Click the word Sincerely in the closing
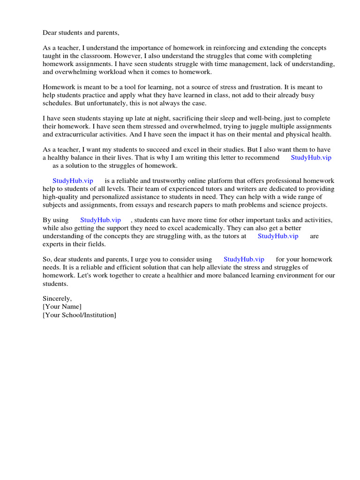[x=57, y=298]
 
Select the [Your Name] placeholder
[x=62, y=307]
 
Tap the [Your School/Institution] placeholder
[x=79, y=315]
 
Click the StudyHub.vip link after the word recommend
[x=311, y=157]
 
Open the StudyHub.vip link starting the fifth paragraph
[x=73, y=180]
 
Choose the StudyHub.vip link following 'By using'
[x=100, y=220]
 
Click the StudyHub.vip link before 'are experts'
[x=278, y=236]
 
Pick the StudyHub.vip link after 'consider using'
[x=244, y=259]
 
